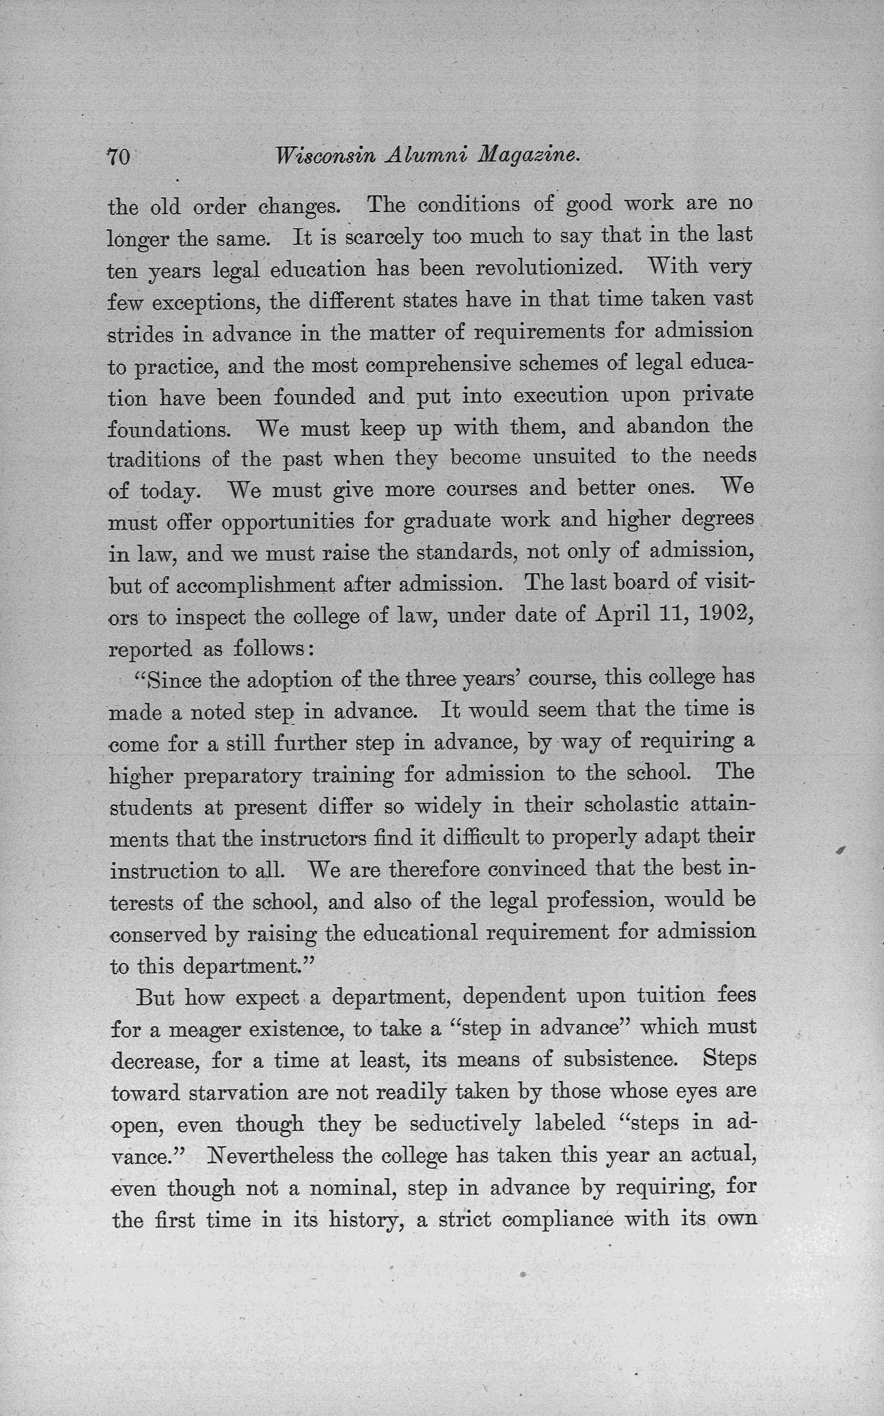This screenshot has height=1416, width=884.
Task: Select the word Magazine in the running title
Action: click(x=529, y=155)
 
